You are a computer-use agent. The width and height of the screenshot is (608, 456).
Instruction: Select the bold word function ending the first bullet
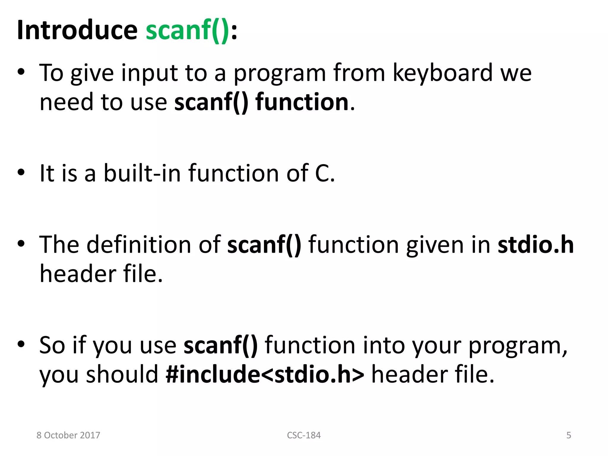pos(302,102)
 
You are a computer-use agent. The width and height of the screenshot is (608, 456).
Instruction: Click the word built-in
pos(142,173)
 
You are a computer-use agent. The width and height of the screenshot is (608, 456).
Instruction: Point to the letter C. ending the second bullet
pos(325,173)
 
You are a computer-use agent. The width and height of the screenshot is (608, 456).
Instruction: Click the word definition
pos(139,245)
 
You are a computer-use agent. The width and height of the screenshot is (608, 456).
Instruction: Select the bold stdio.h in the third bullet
pos(536,245)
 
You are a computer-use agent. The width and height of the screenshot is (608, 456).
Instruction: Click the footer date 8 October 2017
pos(68,435)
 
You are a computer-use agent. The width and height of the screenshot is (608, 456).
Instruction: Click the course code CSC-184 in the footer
pos(304,435)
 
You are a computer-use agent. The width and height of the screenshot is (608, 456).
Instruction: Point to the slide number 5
pos(569,435)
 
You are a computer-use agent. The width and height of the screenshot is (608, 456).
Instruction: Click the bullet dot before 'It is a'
pos(21,172)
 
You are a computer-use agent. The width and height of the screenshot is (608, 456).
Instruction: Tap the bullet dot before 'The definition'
pos(21,244)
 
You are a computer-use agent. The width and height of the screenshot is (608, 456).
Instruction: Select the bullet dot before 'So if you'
pos(21,344)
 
